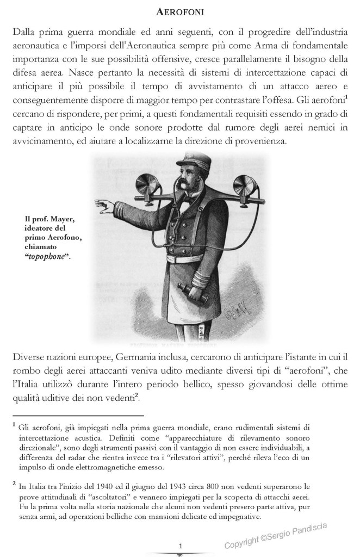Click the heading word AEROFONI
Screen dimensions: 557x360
[179, 11]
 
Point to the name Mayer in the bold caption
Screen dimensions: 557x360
[73, 219]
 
